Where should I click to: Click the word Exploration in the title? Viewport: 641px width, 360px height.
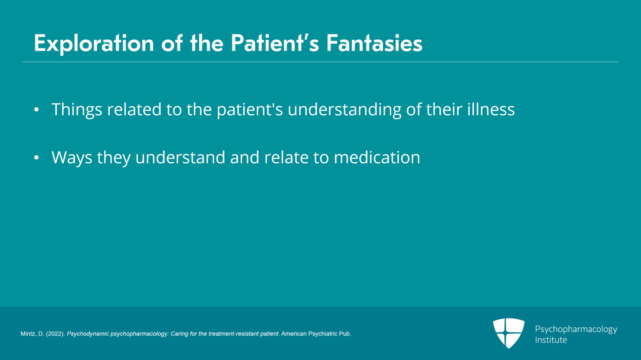(94, 43)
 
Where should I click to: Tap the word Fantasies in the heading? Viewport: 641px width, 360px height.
(374, 43)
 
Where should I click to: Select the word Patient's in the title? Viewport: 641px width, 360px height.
(275, 43)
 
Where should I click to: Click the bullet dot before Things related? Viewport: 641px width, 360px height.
(36, 110)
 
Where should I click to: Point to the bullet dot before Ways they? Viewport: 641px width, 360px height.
(36, 158)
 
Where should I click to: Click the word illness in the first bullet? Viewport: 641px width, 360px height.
(491, 109)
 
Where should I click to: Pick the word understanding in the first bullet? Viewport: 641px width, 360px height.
(345, 110)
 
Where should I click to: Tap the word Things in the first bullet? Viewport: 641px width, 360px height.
(77, 110)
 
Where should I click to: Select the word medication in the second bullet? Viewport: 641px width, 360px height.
(377, 157)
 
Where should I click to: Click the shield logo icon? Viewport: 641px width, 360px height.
(508, 333)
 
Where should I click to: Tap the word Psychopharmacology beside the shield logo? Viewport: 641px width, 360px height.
(576, 329)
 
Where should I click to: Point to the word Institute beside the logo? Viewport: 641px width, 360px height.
(551, 340)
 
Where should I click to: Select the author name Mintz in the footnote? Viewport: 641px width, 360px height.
(28, 334)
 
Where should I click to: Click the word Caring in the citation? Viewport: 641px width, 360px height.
(179, 334)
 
